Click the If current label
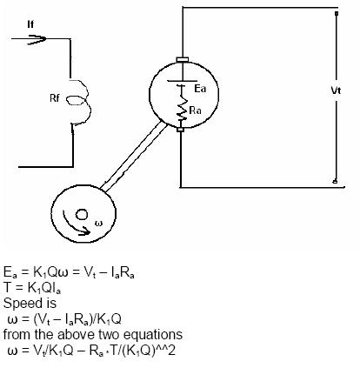[30, 24]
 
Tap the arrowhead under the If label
[37, 39]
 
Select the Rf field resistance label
[55, 98]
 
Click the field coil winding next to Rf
[80, 102]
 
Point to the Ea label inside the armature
[200, 89]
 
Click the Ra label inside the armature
[196, 110]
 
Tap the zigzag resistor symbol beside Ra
[182, 105]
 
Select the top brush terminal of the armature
[183, 60]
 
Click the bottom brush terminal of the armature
[180, 130]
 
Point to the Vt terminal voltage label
[336, 90]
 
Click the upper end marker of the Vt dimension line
[337, 13]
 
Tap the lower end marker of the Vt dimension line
[335, 182]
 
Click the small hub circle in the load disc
[82, 215]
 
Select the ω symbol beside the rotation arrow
[99, 224]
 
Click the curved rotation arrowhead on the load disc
[85, 231]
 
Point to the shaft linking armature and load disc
[134, 157]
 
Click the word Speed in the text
[23, 304]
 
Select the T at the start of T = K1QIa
[7, 287]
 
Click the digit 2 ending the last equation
[171, 351]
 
